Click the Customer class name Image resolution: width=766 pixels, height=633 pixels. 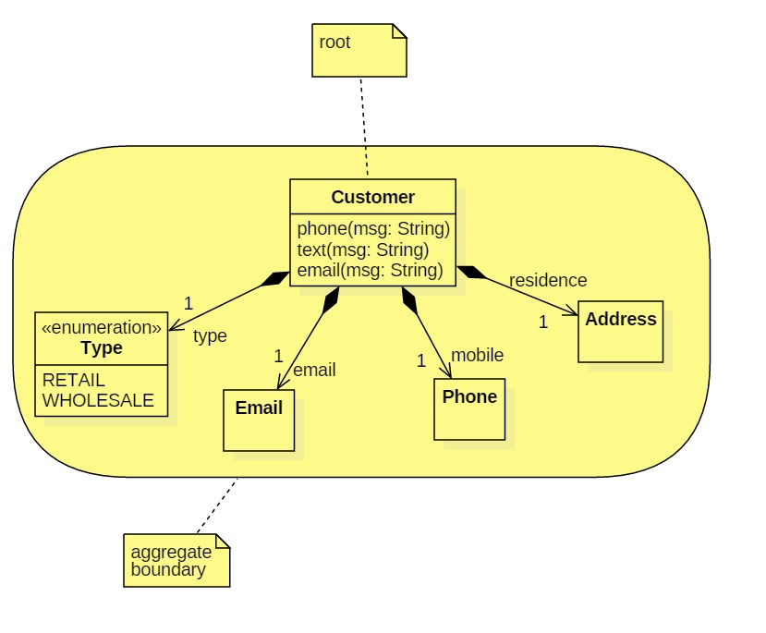(372, 197)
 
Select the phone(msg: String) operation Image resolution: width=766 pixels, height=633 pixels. (372, 228)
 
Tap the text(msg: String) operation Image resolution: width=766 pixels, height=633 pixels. (362, 250)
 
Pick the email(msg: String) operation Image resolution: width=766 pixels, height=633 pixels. (370, 271)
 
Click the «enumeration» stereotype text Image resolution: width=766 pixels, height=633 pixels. (102, 327)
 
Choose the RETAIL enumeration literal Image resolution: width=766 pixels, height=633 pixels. (74, 380)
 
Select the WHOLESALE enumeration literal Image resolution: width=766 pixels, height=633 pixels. (98, 402)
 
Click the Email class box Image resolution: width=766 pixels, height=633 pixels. (259, 420)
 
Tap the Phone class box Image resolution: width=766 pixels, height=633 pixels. (469, 409)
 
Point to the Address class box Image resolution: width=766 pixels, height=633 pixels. (620, 331)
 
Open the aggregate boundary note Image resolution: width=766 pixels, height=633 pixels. (176, 560)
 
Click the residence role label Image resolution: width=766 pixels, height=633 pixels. (547, 280)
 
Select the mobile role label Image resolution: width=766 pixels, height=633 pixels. (477, 355)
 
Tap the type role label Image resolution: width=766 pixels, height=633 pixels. (210, 335)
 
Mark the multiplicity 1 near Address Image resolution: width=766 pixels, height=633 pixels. (543, 322)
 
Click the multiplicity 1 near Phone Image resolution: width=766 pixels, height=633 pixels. (421, 360)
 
